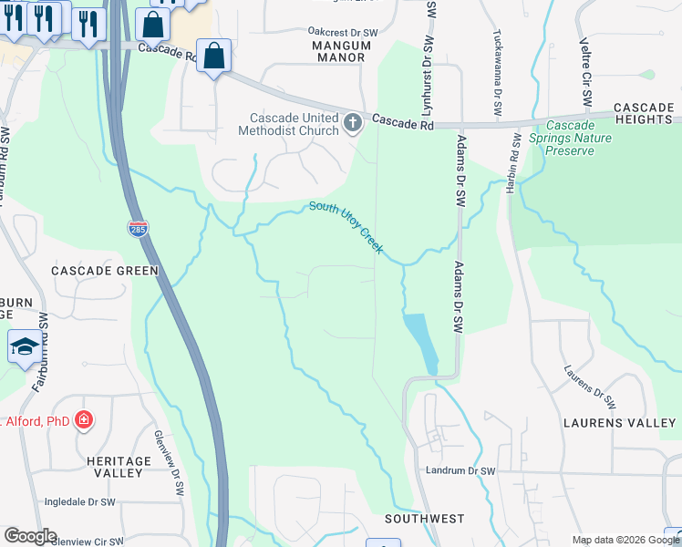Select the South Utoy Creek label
click(x=346, y=227)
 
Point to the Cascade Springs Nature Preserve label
click(x=578, y=138)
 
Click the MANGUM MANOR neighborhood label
click(x=325, y=51)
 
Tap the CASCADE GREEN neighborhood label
click(x=105, y=271)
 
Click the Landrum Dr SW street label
click(x=460, y=471)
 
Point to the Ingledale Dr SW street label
click(x=80, y=502)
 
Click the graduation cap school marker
click(x=25, y=347)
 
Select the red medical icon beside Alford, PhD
click(x=84, y=420)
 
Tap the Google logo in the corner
click(x=30, y=536)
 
